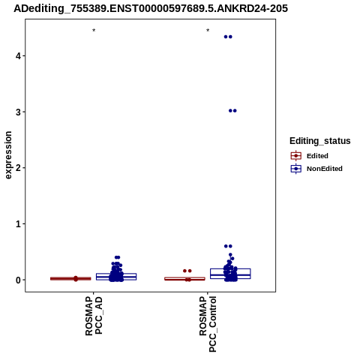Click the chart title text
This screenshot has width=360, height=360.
point(151,8)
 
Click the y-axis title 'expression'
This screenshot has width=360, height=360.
point(8,155)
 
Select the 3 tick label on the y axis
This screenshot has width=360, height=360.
point(18,112)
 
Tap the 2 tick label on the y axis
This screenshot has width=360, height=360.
point(18,168)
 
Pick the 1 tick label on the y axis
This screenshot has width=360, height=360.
point(18,223)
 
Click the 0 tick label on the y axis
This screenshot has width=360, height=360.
point(18,280)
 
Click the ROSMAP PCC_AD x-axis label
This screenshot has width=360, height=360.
point(94,316)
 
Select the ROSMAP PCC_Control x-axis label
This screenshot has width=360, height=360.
point(208,324)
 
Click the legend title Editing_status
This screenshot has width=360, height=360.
point(320,141)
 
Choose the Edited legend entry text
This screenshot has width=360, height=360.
point(317,156)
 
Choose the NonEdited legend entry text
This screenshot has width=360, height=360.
point(325,169)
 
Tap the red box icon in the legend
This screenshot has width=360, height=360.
point(296,156)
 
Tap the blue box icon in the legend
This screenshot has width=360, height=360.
point(296,169)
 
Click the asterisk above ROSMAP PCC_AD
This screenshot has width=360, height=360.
point(94,31)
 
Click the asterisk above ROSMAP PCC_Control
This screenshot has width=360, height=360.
point(208,31)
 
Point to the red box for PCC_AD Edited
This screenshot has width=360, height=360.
point(70,278)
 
